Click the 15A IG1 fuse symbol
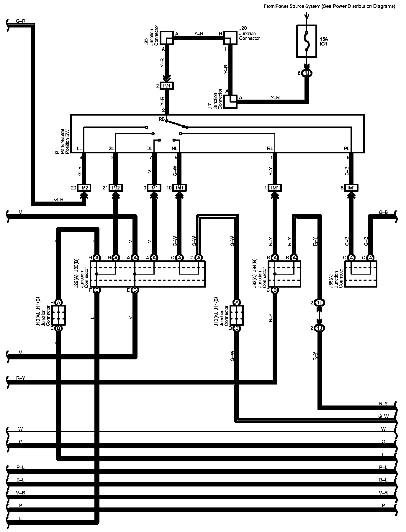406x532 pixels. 307,41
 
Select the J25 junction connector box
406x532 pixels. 167,38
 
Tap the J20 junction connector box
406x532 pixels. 230,38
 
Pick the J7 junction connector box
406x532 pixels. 230,101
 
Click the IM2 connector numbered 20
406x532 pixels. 84,188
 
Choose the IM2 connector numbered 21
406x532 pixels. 116,188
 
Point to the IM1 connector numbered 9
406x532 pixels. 154,188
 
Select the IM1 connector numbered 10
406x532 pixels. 179,188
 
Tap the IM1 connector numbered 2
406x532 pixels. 167,86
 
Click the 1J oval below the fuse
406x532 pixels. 307,73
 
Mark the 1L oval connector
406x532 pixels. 319,302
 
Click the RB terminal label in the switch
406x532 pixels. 161,119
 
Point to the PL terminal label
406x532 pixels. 347,148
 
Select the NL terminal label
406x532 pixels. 174,148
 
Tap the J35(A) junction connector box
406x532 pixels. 361,274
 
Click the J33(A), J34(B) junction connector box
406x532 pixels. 284,274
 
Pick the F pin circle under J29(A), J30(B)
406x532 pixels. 97,290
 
